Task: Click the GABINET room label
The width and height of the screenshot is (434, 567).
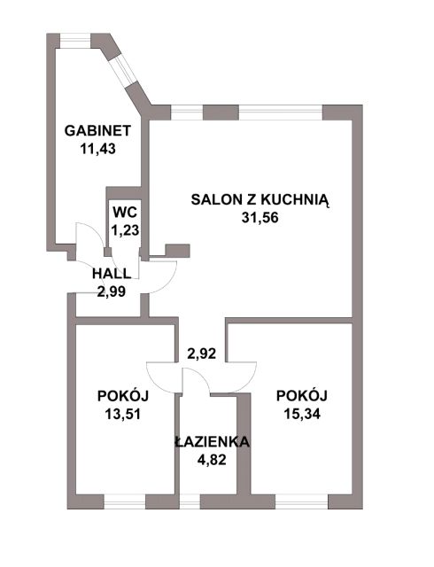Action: [97, 130]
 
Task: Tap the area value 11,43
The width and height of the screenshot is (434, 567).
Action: [97, 149]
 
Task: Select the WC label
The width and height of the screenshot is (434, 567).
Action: [125, 213]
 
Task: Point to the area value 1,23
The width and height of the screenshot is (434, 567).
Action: [125, 230]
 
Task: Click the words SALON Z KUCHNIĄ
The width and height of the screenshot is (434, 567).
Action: [260, 200]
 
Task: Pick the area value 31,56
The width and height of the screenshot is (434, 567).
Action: [260, 218]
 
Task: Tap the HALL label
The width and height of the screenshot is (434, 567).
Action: [112, 274]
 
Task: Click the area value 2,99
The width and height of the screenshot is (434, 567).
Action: [112, 291]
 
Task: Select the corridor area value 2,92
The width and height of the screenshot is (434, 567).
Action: [201, 353]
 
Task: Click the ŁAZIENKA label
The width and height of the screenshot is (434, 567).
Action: [213, 441]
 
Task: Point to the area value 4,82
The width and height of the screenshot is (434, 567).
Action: [212, 460]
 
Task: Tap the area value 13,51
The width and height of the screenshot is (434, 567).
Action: [123, 414]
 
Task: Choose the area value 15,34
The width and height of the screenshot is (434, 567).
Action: [302, 414]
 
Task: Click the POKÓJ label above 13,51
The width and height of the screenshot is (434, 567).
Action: [123, 396]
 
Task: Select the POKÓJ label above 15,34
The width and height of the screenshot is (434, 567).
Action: [302, 396]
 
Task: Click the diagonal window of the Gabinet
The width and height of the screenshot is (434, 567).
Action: [123, 71]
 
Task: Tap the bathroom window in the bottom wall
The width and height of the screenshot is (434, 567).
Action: [190, 502]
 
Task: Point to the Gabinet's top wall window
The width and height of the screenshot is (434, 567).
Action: [75, 41]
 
